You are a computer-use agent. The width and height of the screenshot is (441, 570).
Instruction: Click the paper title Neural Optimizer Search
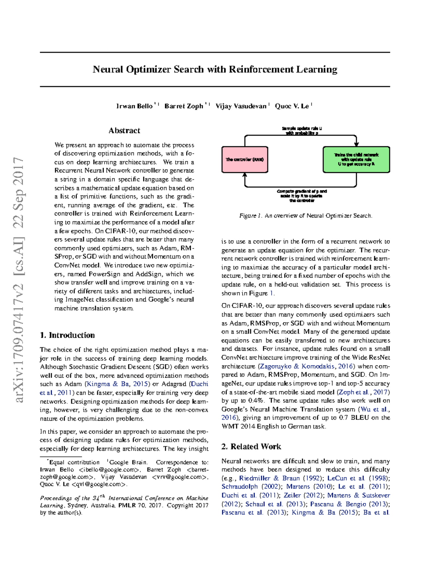tap(215, 69)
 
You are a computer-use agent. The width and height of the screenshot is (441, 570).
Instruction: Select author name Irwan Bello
tap(134, 106)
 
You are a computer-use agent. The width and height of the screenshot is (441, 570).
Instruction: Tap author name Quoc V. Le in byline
tap(292, 106)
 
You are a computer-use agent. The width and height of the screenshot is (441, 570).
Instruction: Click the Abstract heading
tap(124, 131)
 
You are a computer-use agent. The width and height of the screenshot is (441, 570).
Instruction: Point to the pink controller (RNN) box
tap(245, 160)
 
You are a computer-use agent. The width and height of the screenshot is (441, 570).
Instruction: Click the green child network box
tap(356, 160)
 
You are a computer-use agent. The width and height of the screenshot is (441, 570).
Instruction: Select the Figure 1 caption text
tap(306, 216)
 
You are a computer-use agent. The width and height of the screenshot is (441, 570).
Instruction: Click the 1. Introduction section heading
tap(67, 335)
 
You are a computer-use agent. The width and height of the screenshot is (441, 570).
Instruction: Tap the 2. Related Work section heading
tap(251, 447)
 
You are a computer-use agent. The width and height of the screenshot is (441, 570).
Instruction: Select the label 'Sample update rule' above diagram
tap(302, 129)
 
